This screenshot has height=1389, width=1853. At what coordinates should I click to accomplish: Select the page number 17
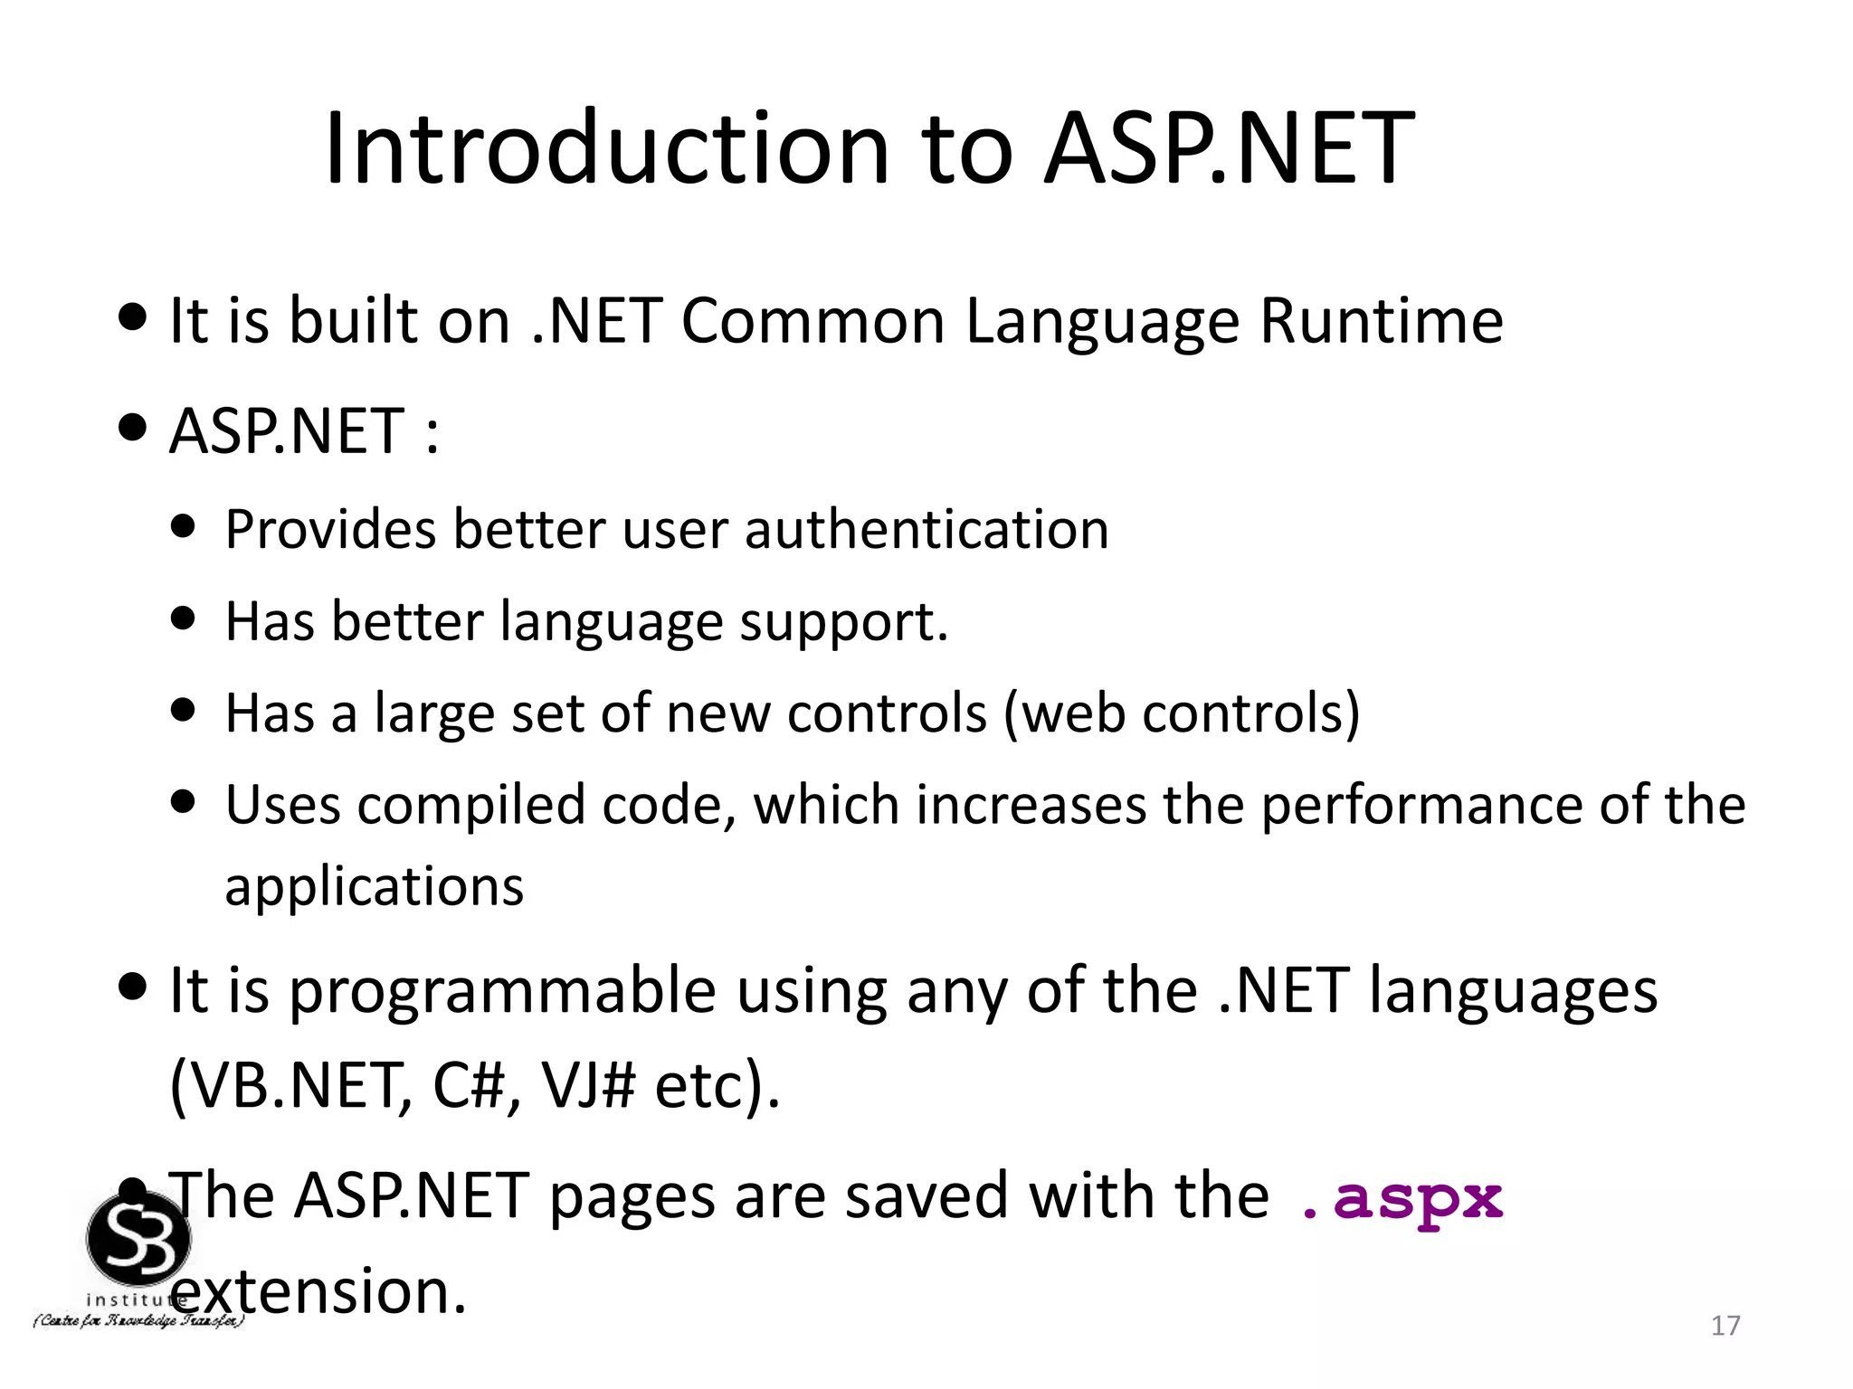(1725, 1326)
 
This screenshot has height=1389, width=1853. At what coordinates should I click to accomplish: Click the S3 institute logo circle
(138, 1238)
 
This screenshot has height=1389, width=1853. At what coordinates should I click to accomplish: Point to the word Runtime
(1381, 321)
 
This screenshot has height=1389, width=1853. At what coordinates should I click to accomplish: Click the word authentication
(926, 530)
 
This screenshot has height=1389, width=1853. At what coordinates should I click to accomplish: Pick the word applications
(374, 887)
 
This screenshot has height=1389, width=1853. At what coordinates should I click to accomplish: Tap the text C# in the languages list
(468, 1085)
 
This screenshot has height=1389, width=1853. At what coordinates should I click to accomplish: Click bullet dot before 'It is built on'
(132, 318)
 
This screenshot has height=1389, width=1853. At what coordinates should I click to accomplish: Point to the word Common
(812, 321)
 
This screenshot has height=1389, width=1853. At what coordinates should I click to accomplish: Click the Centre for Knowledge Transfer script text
(138, 1322)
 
